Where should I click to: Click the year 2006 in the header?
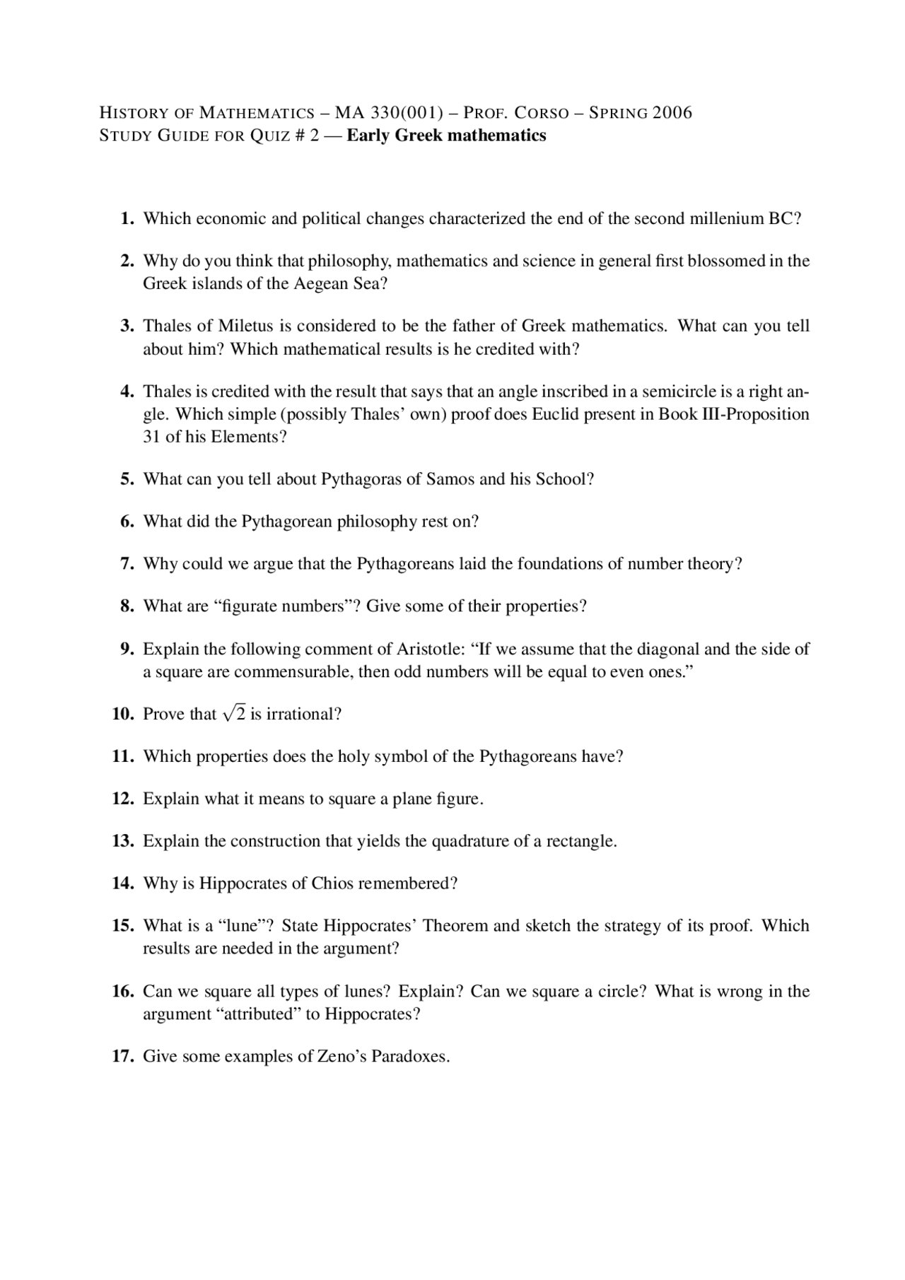672,112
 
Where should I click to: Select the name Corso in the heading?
542,112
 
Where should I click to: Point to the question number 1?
127,218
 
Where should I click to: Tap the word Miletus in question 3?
245,326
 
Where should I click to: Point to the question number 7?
127,563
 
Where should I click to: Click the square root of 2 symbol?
234,714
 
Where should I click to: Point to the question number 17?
124,1057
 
